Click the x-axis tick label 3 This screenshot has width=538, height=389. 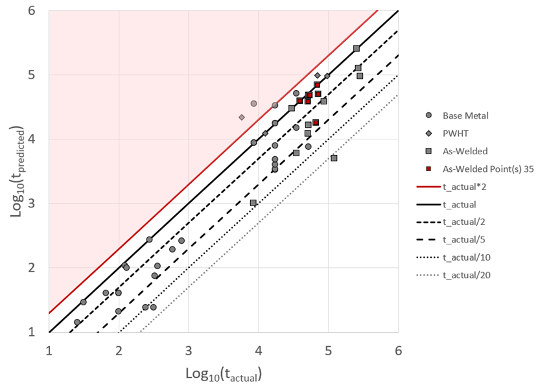[189, 351]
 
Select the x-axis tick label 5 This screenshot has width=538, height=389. [328, 351]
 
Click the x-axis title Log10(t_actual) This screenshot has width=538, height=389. [223, 374]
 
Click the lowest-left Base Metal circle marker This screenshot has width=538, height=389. [77, 322]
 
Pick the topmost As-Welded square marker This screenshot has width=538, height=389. [357, 49]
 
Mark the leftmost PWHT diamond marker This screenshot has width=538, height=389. [242, 117]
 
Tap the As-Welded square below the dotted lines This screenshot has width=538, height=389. [334, 158]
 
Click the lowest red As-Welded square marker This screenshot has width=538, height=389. [316, 123]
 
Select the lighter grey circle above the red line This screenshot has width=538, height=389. [253, 103]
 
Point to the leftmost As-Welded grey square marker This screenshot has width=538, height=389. [253, 203]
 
